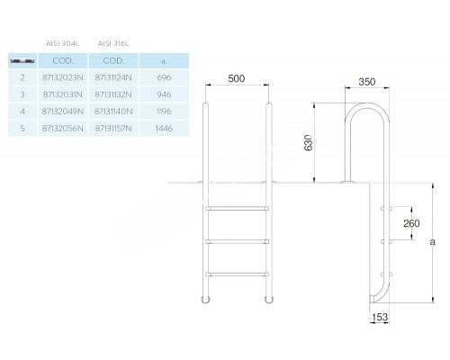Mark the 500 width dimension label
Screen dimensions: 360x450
coord(237,79)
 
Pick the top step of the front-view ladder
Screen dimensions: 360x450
coord(238,208)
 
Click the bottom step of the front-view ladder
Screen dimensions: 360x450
coord(238,273)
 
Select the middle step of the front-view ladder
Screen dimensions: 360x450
coord(238,240)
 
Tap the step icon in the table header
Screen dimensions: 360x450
coord(21,60)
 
